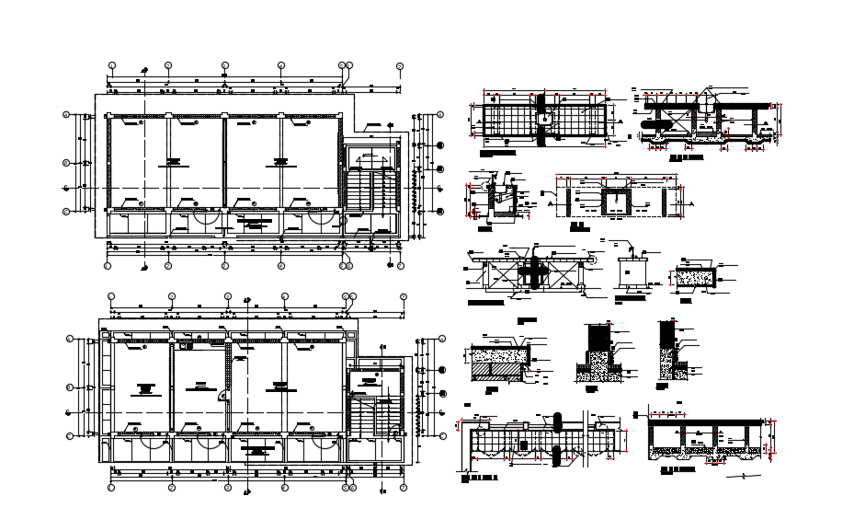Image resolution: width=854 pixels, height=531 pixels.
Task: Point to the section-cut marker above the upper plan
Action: click(x=144, y=70)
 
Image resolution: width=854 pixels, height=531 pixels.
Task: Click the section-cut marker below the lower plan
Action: click(x=245, y=492)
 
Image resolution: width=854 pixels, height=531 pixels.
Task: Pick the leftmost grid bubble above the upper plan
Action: click(x=112, y=66)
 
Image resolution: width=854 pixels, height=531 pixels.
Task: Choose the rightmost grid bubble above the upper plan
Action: click(x=400, y=66)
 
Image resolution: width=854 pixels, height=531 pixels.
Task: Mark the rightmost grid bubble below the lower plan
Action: click(x=403, y=487)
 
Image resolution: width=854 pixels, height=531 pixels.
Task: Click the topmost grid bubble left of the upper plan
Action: click(x=66, y=115)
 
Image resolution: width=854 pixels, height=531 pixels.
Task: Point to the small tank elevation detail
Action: click(x=631, y=273)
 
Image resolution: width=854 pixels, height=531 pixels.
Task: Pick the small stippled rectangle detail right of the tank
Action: click(x=696, y=276)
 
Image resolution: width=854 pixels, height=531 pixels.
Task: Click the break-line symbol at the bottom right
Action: click(x=744, y=477)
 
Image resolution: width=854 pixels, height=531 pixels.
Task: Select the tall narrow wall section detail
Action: click(x=667, y=350)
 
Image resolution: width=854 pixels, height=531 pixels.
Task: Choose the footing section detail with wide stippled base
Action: click(x=598, y=354)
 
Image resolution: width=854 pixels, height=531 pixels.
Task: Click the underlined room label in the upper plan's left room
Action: click(x=169, y=163)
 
